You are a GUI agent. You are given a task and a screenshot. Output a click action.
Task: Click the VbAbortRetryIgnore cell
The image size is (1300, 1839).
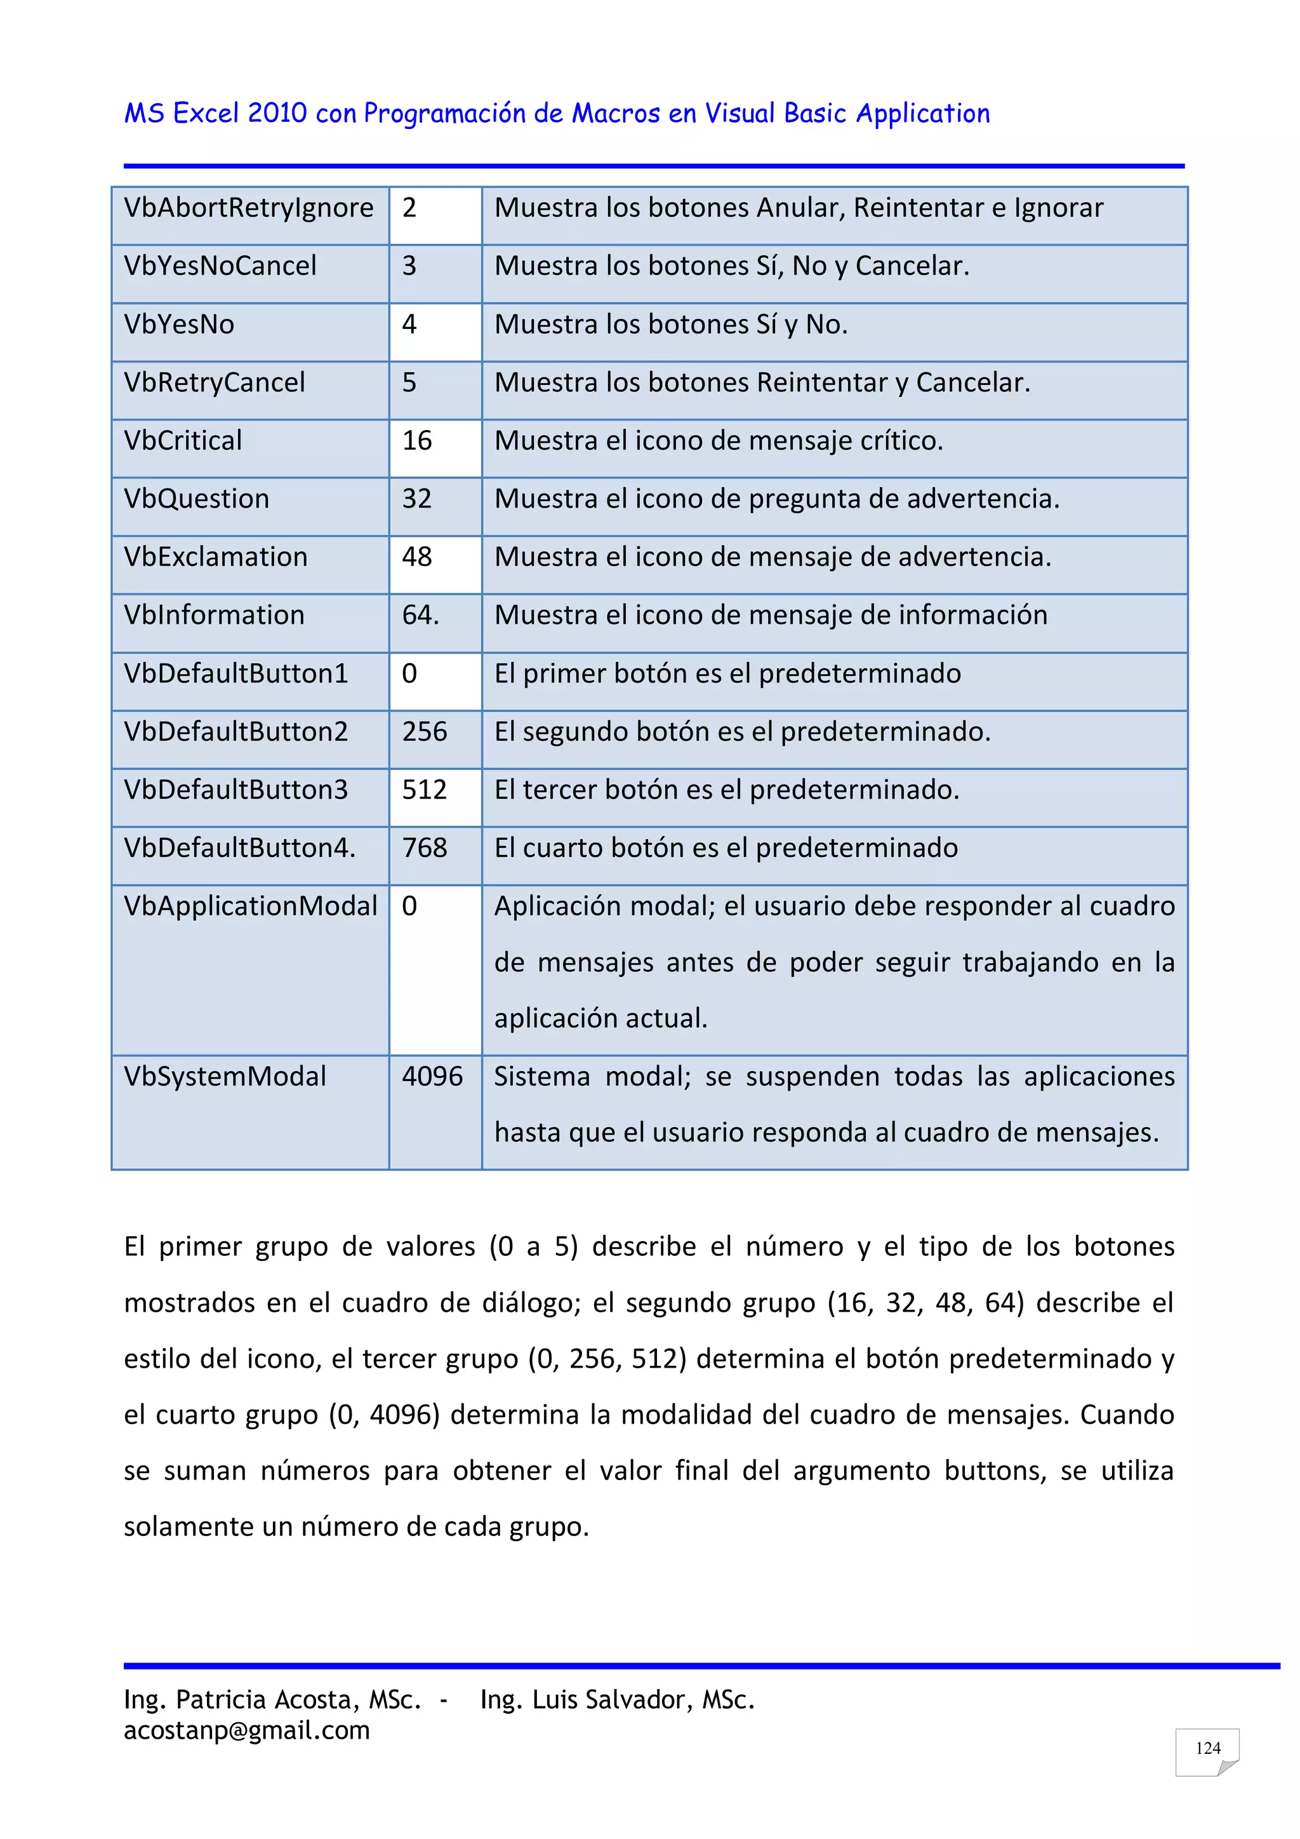pos(248,208)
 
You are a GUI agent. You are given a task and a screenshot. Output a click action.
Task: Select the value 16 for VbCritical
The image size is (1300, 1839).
pos(416,440)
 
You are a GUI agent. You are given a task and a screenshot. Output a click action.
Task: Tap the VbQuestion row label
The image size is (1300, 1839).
pos(196,499)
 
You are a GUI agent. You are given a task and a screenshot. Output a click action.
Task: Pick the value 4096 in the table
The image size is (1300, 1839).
pos(432,1077)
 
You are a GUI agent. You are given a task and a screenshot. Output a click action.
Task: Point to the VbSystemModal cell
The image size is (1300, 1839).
pos(225,1077)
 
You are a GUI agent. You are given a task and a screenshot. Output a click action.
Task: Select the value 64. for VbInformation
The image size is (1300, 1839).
pos(420,615)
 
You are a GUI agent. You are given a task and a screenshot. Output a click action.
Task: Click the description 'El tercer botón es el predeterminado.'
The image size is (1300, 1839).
pos(726,790)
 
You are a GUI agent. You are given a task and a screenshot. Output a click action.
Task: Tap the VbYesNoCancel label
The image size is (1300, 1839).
pos(220,266)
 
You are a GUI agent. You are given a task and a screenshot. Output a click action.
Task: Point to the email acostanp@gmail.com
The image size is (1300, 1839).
pos(246,1731)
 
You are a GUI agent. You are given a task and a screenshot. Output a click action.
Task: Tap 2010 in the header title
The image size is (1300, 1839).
pos(276,114)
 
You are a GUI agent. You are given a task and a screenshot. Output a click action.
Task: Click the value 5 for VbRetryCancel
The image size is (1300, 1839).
pos(409,383)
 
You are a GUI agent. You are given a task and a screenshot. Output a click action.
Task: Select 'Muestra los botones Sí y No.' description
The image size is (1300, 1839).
pos(671,325)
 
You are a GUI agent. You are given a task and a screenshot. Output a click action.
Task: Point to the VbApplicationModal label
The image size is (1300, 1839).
pos(249,906)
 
